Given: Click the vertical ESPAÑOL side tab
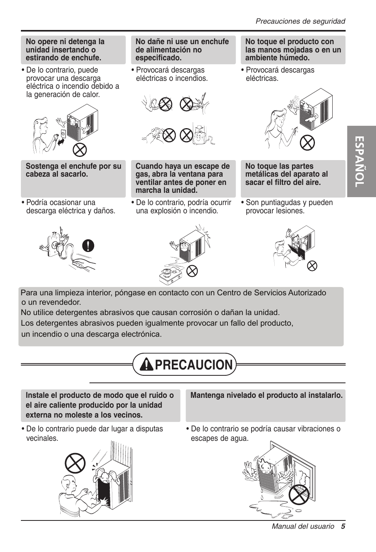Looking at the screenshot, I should pos(361,162).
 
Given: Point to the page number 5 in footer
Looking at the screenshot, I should pos(343,526).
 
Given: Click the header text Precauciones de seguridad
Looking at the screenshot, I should pos(300,21).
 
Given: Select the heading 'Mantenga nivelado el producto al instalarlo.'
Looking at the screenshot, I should pos(266,395).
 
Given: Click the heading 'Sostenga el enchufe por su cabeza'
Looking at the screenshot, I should pos(73,170).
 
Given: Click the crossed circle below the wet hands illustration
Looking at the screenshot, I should pos(307,142).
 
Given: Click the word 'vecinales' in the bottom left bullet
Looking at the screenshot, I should pos(42,438).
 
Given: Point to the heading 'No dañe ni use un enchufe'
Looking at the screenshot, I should pos(182,42).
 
